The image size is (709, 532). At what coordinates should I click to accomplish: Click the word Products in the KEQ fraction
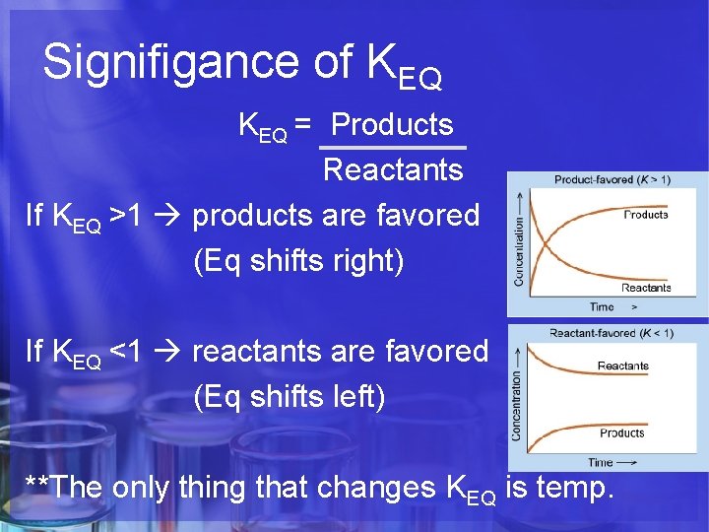pyautogui.click(x=392, y=125)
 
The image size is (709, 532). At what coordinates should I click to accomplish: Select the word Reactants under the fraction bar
pyautogui.click(x=392, y=170)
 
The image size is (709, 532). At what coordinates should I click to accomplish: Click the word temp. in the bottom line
pyautogui.click(x=582, y=487)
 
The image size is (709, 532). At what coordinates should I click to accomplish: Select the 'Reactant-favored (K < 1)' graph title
pyautogui.click(x=612, y=333)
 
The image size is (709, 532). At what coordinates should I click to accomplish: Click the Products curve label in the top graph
pyautogui.click(x=645, y=215)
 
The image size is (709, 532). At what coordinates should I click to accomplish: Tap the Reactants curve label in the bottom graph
pyautogui.click(x=622, y=366)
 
